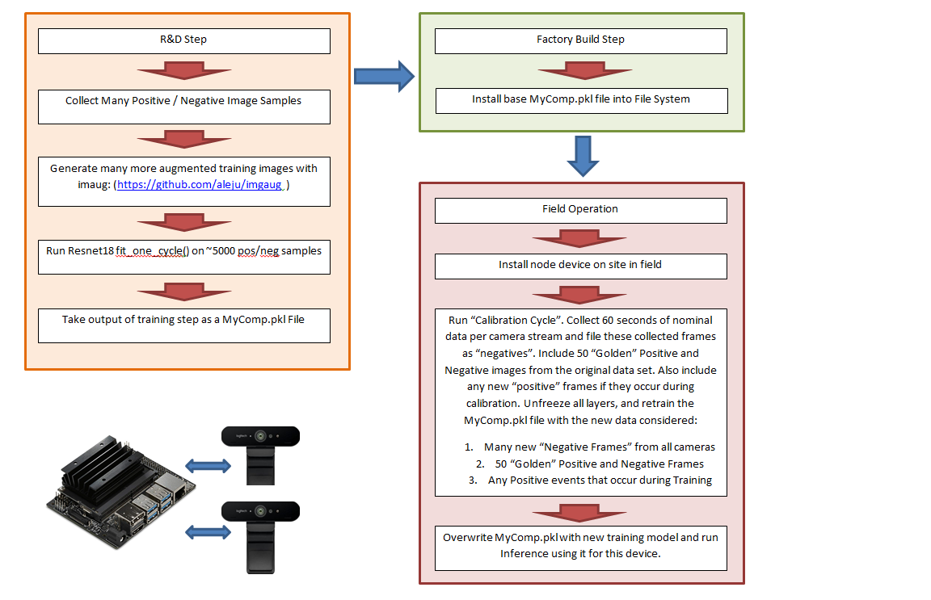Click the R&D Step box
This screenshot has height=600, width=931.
[x=184, y=41]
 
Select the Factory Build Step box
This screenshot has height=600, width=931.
[x=581, y=41]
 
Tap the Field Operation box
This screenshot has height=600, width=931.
[x=581, y=211]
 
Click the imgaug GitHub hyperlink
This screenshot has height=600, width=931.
[x=200, y=185]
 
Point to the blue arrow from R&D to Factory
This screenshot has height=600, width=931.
[x=384, y=76]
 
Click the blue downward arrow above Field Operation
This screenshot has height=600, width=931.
[x=583, y=156]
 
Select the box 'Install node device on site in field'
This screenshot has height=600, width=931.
[x=581, y=266]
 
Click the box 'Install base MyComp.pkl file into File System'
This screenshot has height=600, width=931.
[x=582, y=101]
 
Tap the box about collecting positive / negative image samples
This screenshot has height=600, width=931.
[x=184, y=107]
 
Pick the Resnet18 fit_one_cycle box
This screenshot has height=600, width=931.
[x=184, y=257]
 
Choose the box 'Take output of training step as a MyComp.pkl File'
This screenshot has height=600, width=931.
[x=184, y=325]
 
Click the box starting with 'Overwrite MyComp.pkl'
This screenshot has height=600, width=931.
[x=581, y=548]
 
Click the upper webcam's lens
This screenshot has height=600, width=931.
[x=260, y=436]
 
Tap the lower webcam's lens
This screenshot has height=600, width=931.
[x=260, y=511]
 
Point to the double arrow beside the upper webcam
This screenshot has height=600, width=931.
[x=208, y=466]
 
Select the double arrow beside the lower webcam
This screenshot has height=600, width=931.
[x=208, y=531]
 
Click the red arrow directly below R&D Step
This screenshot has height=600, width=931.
[x=184, y=71]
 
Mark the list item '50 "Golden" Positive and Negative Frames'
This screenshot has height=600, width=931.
[x=599, y=464]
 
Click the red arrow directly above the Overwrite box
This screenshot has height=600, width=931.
[x=579, y=512]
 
